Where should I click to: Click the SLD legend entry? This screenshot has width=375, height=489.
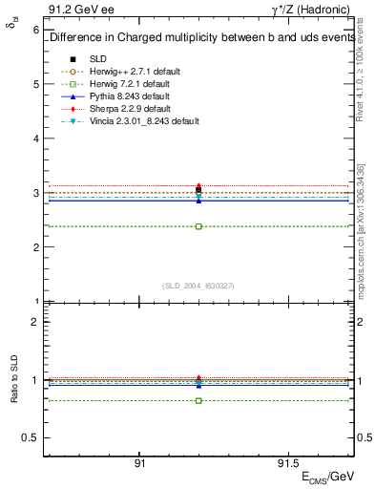(97, 58)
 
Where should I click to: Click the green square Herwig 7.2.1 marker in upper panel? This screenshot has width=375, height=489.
(198, 226)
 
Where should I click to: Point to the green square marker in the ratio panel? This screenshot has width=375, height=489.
(198, 400)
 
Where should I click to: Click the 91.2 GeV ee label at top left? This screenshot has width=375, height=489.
(76, 9)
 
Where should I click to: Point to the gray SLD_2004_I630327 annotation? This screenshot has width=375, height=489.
(198, 286)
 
